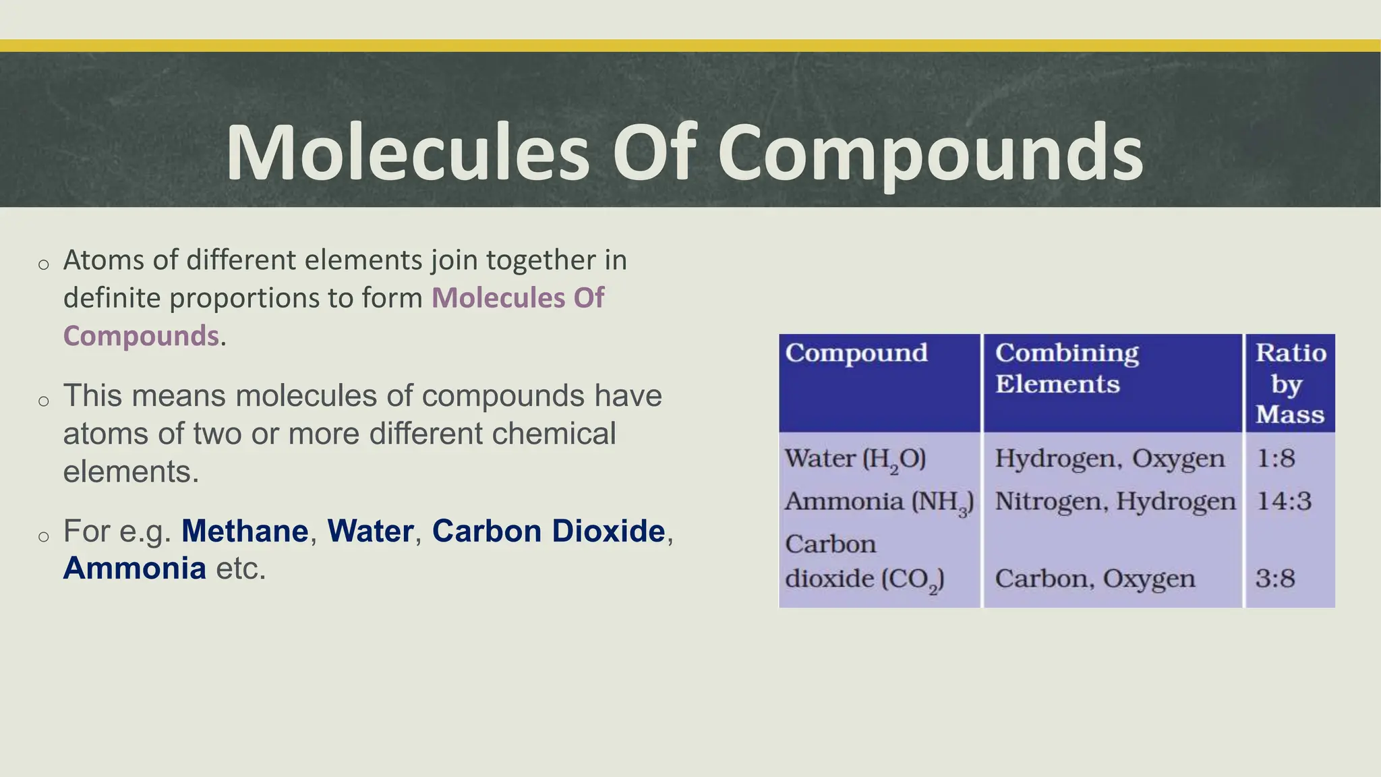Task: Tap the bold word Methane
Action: [x=245, y=531]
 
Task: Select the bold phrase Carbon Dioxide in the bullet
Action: [x=548, y=531]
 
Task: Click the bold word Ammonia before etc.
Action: [x=135, y=568]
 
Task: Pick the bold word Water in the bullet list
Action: [x=370, y=531]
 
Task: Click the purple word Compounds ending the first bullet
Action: [x=141, y=336]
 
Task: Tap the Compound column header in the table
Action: [x=856, y=353]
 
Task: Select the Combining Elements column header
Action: [x=1067, y=368]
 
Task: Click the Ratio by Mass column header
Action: [x=1290, y=383]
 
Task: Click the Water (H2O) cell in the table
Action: [x=855, y=459]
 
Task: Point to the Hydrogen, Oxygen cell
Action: [x=1109, y=459]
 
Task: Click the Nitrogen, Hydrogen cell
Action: [x=1115, y=502]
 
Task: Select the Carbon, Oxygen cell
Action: [x=1094, y=579]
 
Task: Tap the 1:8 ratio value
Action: [x=1275, y=459]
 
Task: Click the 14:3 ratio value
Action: [x=1283, y=502]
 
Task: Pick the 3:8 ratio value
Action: [x=1275, y=579]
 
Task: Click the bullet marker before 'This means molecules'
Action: [x=44, y=401]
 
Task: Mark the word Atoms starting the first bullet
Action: [x=103, y=260]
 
